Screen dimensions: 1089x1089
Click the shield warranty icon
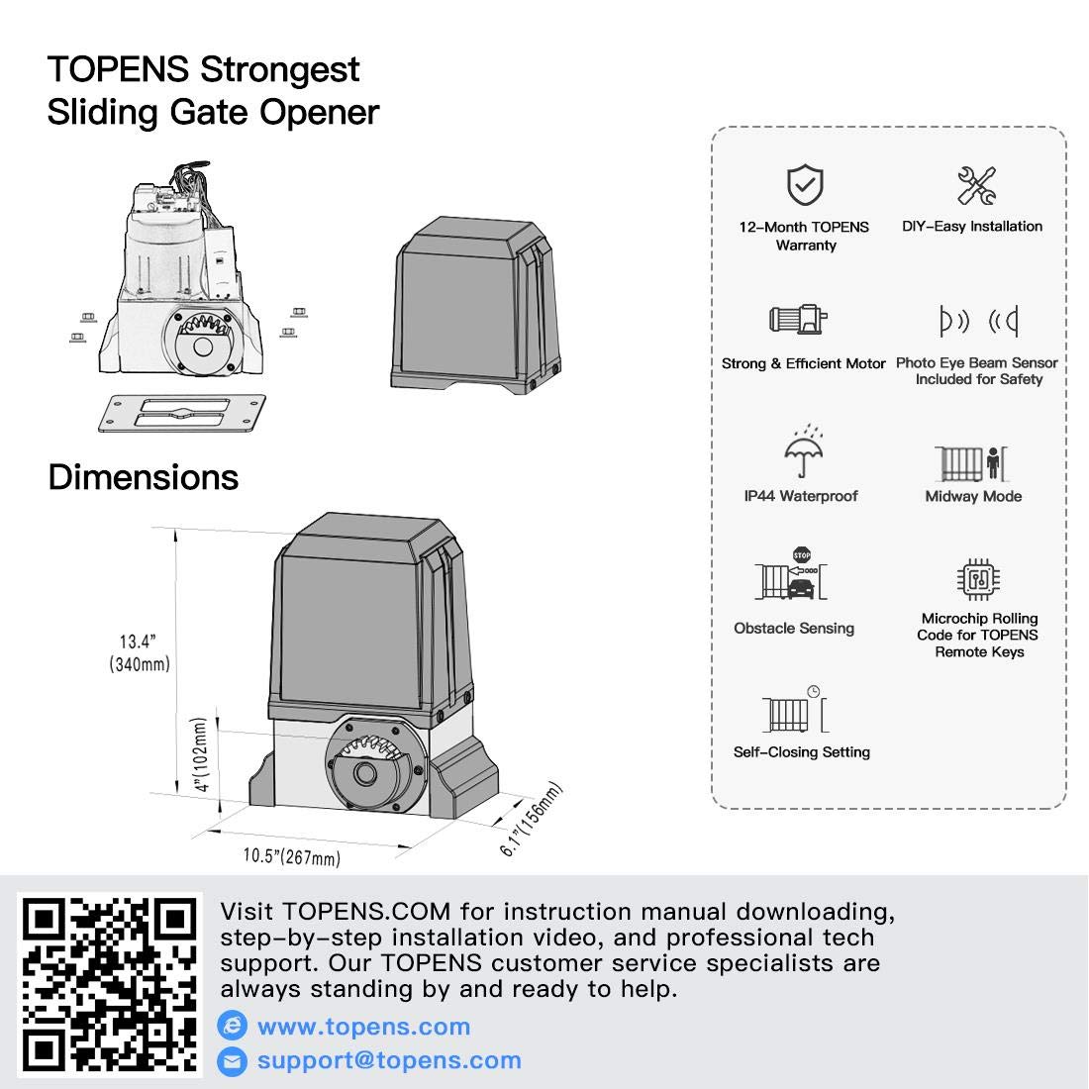[x=806, y=185]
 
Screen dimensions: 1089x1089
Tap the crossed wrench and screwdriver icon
[x=976, y=186]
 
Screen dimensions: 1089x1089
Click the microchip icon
[x=979, y=579]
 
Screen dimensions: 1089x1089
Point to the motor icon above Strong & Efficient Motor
[x=798, y=320]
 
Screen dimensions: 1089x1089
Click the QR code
[x=110, y=984]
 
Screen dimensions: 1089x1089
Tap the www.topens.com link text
[x=363, y=1027]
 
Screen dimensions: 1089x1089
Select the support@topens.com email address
[x=389, y=1060]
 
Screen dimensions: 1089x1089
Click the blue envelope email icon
[x=233, y=1061]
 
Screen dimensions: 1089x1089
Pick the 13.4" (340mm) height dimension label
[x=140, y=653]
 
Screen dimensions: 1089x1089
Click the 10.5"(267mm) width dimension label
[x=292, y=856]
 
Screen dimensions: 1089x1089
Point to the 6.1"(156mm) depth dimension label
[x=532, y=820]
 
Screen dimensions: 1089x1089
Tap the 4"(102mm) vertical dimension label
[x=201, y=757]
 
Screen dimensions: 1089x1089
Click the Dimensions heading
[x=144, y=477]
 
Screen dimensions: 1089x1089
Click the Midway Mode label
[x=973, y=496]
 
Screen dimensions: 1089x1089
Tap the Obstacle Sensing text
[x=794, y=628]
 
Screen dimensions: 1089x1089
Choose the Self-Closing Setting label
[x=802, y=752]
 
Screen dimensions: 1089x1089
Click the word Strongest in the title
[x=280, y=70]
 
